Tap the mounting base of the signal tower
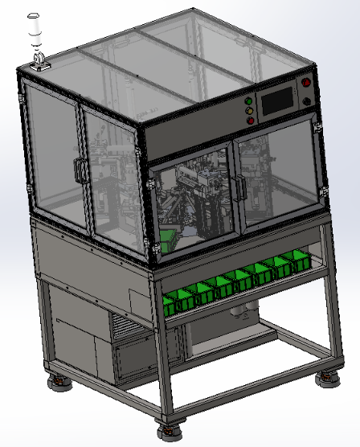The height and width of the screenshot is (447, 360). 38,64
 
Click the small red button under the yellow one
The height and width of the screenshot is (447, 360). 251,121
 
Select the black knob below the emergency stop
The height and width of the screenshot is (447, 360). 306,101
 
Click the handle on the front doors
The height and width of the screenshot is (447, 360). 238,187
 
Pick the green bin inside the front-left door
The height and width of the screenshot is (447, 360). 169,239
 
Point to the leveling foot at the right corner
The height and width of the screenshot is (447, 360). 326,378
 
